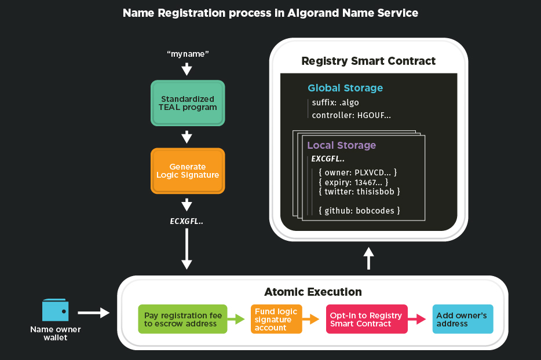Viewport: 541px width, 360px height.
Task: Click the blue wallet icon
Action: coord(56,311)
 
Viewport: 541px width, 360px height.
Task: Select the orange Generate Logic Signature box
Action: coord(187,171)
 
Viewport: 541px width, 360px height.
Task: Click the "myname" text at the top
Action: coord(187,54)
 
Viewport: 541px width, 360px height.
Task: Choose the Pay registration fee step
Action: coord(182,319)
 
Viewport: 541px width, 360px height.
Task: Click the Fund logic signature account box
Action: coord(276,319)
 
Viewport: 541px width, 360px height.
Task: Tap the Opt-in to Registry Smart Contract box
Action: coord(366,319)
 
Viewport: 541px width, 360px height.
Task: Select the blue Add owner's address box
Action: coord(462,319)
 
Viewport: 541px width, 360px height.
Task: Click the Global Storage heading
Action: coord(345,88)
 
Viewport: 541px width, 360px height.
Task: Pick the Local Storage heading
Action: coord(341,145)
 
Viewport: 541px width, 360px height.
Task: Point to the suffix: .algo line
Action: coord(335,102)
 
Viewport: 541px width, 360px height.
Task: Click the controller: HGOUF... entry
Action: coord(351,115)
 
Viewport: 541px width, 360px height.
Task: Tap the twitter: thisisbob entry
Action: coord(359,191)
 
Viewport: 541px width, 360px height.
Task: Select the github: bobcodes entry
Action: coord(359,210)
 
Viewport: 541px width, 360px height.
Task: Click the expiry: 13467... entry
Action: coord(353,182)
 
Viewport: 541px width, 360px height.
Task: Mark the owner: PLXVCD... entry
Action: coord(357,172)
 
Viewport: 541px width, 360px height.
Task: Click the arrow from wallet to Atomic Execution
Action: coord(93,313)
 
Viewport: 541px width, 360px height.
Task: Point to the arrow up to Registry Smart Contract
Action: coord(368,258)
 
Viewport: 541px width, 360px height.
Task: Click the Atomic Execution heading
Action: coord(313,292)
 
